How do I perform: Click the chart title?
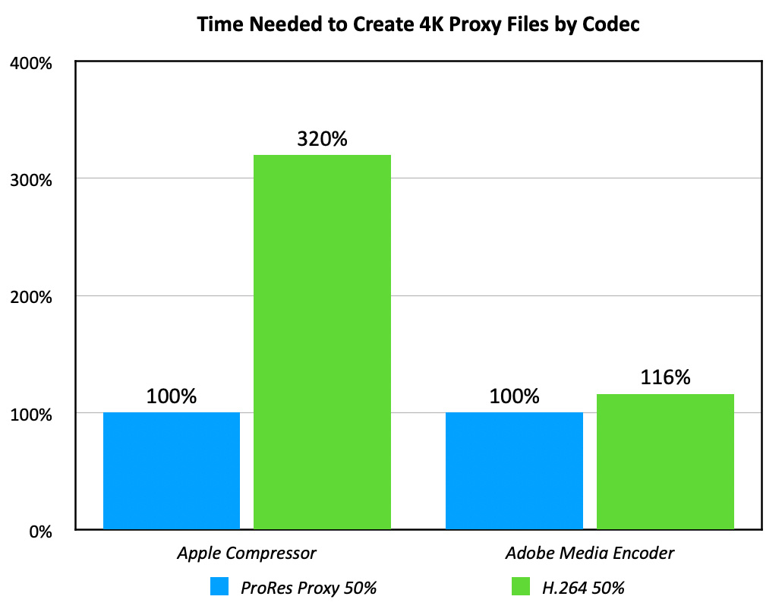pos(418,24)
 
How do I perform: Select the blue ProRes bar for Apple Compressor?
pos(172,471)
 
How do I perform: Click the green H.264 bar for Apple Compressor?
pos(322,342)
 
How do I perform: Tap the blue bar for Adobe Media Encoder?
pos(514,471)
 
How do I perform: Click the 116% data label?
pos(665,377)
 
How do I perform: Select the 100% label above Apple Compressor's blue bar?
pos(172,396)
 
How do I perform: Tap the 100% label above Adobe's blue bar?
pos(514,396)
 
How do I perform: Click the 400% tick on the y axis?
pos(30,64)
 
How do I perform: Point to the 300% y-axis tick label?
pos(30,181)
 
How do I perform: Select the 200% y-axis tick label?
pos(30,298)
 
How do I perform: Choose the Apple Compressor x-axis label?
pos(247,553)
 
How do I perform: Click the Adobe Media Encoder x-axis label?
pos(590,553)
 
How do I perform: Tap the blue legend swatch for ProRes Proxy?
pos(219,587)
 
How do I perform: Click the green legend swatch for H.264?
pos(520,587)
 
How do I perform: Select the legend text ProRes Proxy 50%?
pos(308,588)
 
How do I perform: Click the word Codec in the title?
pos(613,24)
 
